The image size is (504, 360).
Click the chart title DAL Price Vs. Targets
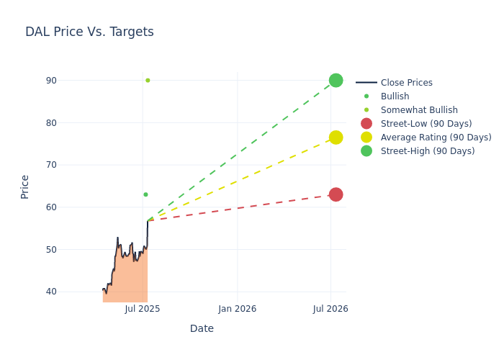(89, 32)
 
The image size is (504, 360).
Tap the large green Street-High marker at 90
(336, 80)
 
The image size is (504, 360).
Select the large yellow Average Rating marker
(336, 138)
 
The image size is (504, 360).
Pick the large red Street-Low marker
(336, 194)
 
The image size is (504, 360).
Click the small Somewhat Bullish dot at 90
(148, 81)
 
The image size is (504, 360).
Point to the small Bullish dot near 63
(145, 194)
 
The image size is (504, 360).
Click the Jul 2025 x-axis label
(143, 309)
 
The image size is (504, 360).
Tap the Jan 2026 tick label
(238, 309)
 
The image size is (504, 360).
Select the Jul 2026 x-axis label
(330, 309)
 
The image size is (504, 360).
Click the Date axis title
(202, 328)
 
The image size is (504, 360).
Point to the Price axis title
(25, 186)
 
